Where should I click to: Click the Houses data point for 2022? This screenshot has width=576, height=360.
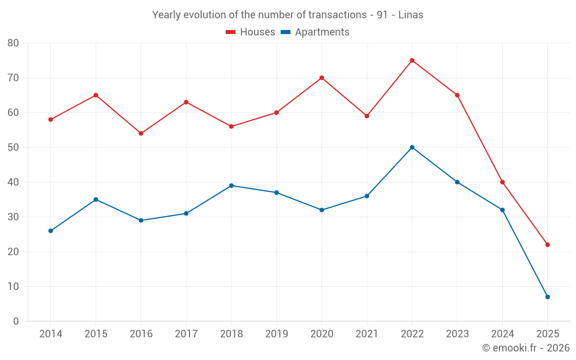click(412, 60)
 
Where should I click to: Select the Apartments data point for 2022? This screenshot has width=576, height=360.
click(412, 147)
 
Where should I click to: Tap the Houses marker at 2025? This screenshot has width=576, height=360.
click(547, 245)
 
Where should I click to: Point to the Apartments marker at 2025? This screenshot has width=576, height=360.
click(547, 297)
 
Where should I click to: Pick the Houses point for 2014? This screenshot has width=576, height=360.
click(51, 120)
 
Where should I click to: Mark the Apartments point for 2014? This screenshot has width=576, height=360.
click(51, 231)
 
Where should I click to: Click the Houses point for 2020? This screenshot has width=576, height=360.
click(321, 78)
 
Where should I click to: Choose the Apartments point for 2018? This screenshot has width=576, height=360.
click(231, 185)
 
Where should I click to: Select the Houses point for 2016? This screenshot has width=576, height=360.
click(141, 134)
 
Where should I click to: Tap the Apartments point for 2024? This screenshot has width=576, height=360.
click(502, 210)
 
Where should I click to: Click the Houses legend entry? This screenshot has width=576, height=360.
click(250, 32)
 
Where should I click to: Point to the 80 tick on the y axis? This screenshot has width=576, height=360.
click(13, 43)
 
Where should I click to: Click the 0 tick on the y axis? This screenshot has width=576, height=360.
click(16, 321)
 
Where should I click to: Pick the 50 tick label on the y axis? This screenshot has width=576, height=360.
click(13, 147)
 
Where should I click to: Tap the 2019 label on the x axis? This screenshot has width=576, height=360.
click(276, 334)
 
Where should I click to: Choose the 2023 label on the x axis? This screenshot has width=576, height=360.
click(457, 334)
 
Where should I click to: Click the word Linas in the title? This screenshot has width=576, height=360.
click(411, 15)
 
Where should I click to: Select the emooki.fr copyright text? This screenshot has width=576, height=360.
click(525, 348)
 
